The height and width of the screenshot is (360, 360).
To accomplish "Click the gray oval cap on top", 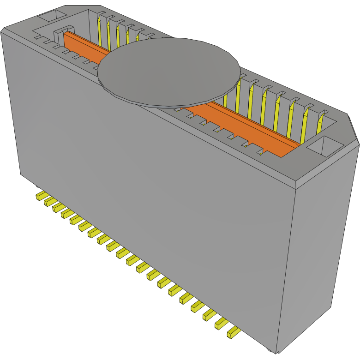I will [169, 72].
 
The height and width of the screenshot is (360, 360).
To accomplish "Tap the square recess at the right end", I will [325, 146].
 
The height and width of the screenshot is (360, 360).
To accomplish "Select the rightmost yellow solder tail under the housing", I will [233, 332].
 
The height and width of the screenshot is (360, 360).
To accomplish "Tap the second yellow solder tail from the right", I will [220, 324].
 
